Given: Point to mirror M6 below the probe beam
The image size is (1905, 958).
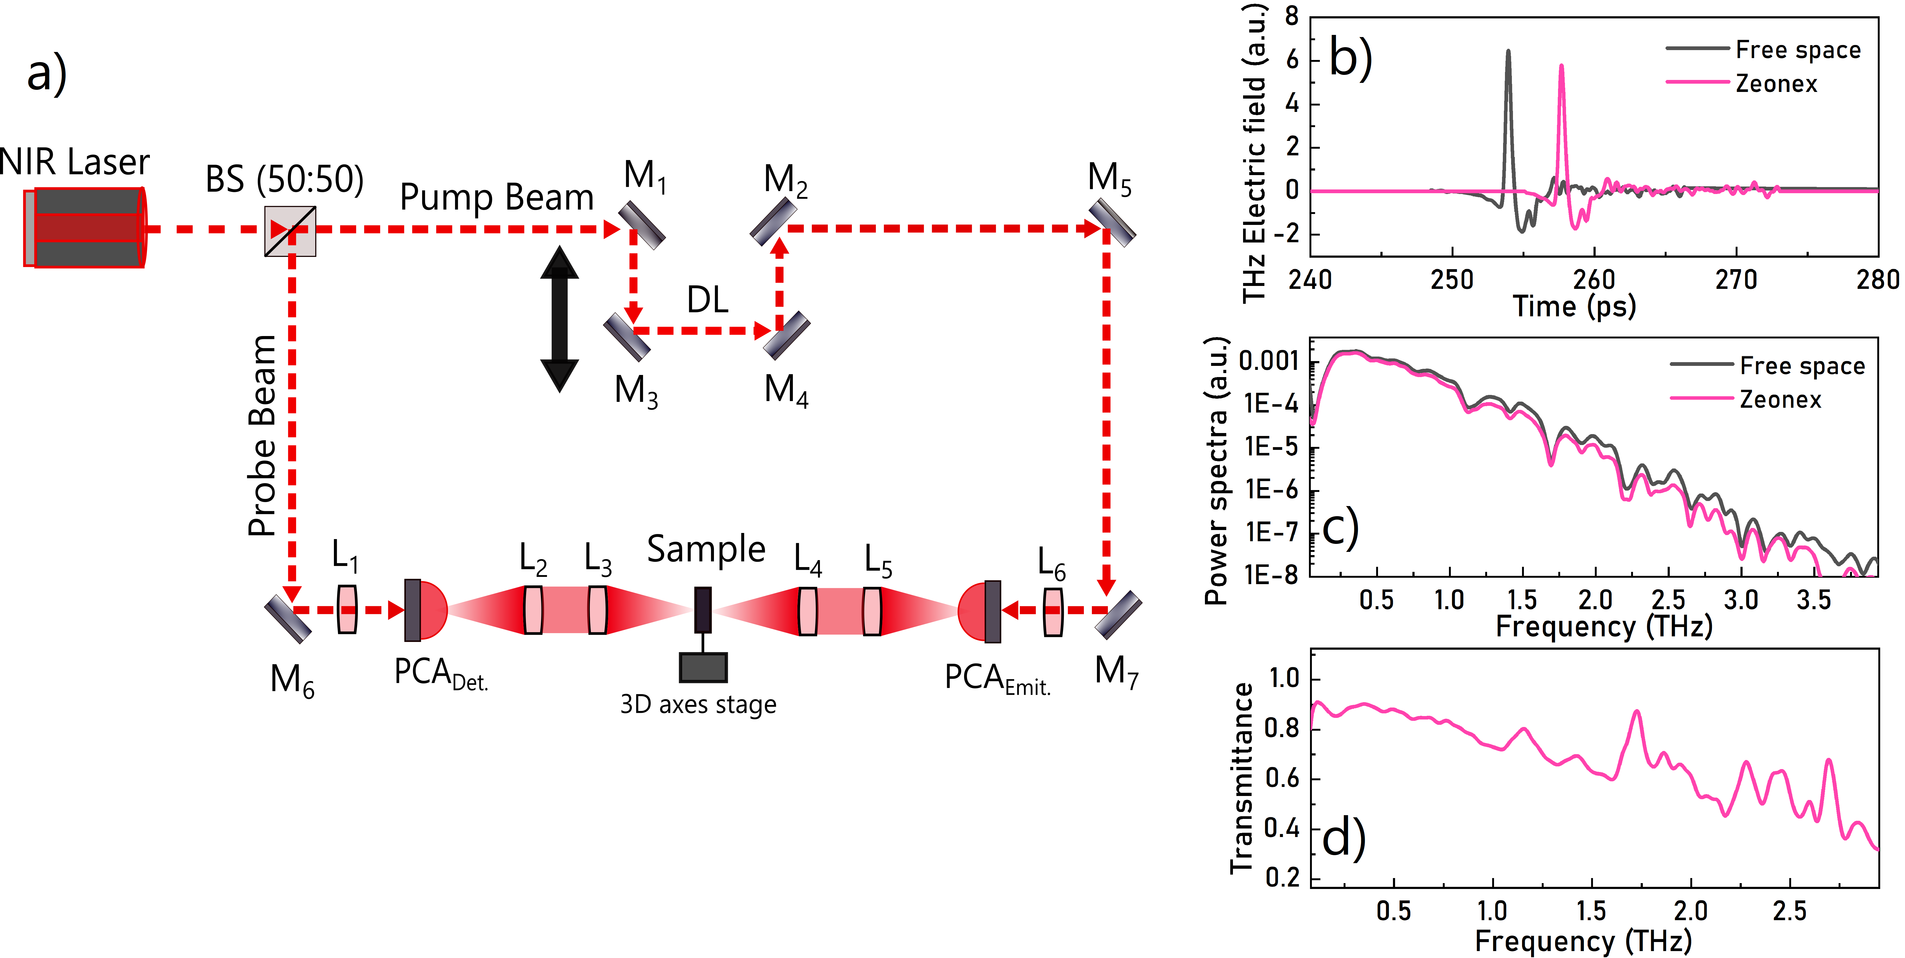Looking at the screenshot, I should (x=288, y=619).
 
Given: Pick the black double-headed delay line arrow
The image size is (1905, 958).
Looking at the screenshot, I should (x=560, y=319).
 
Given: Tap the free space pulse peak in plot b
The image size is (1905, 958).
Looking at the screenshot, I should (x=1508, y=52).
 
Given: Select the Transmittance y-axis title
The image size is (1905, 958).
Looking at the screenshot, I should (x=1242, y=778).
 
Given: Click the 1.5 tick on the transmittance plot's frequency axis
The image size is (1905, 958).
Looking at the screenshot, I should (x=1591, y=911).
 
